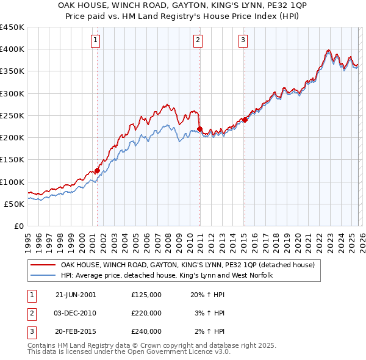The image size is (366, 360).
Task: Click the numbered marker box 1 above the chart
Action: pyautogui.click(x=97, y=41)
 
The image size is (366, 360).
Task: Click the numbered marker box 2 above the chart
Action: pyautogui.click(x=199, y=41)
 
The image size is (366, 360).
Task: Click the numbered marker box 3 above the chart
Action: pyautogui.click(x=243, y=41)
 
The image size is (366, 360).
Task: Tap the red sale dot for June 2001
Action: pyautogui.click(x=97, y=171)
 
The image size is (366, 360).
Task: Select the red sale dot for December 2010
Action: pyautogui.click(x=199, y=129)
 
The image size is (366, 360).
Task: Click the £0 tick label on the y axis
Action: pyautogui.click(x=18, y=226)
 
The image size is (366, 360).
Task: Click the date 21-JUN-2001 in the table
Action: pyautogui.click(x=75, y=295)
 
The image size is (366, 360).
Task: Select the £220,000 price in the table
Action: pyautogui.click(x=146, y=313)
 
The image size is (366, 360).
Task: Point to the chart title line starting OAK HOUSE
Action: pyautogui.click(x=182, y=6)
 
